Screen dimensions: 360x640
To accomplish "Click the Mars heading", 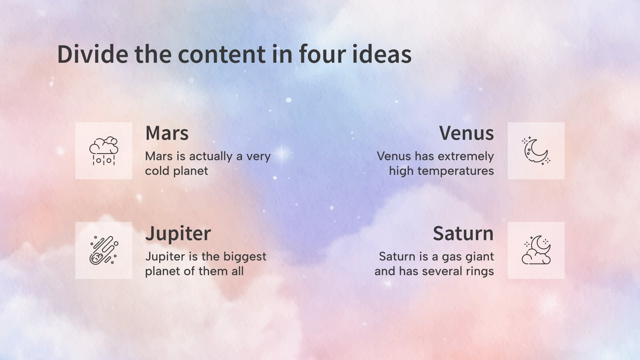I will click(x=167, y=133).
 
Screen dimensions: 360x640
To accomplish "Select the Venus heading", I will click(x=466, y=133).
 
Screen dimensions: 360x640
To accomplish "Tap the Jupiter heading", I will click(x=178, y=234).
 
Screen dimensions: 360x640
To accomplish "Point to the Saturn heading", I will click(x=463, y=234).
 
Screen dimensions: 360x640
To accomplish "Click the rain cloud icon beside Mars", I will click(x=104, y=151).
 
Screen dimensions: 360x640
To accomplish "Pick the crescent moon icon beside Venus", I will click(x=536, y=151).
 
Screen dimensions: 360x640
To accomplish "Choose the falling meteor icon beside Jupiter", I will click(x=104, y=250).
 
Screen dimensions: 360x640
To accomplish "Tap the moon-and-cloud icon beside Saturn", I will click(x=536, y=250).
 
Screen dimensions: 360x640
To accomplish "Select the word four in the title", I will click(x=322, y=54).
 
